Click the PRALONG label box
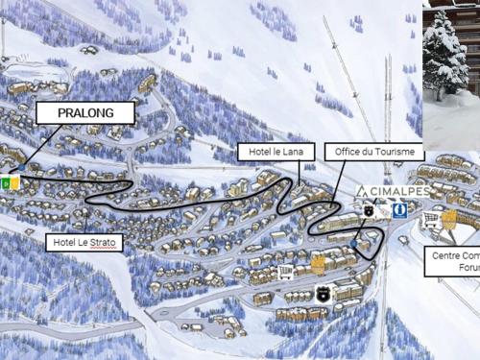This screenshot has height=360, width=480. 84,113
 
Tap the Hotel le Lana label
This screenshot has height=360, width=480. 265,152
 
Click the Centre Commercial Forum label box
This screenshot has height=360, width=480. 454,261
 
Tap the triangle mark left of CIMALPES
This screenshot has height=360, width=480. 363,191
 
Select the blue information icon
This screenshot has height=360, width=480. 398,209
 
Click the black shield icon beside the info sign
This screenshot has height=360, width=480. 369,210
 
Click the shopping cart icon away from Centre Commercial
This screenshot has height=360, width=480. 284,273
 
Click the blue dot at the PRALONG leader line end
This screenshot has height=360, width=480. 21,168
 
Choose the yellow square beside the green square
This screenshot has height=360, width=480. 14,181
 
